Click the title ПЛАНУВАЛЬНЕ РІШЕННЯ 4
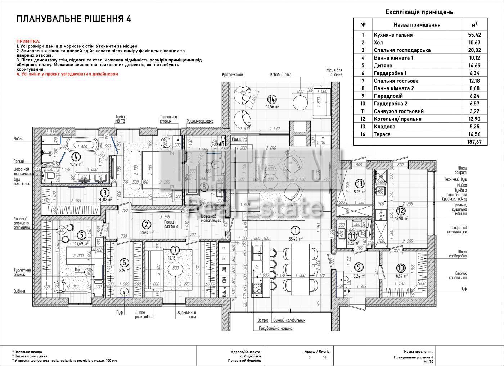[74, 19]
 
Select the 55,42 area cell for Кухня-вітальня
[474, 35]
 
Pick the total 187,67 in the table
[474, 142]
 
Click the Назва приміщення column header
[417, 25]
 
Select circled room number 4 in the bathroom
[75, 156]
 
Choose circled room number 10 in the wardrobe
[401, 268]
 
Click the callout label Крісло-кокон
[233, 74]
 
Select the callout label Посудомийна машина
[275, 328]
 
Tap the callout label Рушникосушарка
[200, 121]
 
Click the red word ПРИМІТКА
[28, 42]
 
